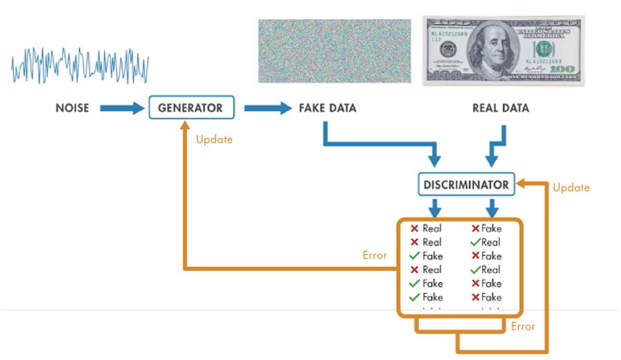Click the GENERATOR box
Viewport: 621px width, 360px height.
[x=190, y=108]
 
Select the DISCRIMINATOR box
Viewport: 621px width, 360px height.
[x=467, y=185]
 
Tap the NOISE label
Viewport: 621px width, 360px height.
[x=72, y=108]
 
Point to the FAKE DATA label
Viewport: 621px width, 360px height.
[x=328, y=108]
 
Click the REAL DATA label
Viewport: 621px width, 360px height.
[x=501, y=108]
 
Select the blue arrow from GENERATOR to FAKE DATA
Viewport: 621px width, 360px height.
[x=268, y=108]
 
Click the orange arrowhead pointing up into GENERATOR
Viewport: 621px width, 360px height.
[x=184, y=126]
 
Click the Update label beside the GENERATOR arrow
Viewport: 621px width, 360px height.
[x=214, y=139]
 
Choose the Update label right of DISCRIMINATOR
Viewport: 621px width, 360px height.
[x=571, y=188]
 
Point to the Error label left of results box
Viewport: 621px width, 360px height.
[x=375, y=255]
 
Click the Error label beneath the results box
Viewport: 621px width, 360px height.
[x=523, y=326]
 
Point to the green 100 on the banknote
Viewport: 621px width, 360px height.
[x=562, y=70]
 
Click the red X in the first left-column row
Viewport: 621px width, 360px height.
[x=414, y=228]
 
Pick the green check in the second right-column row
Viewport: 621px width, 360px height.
[x=475, y=242]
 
